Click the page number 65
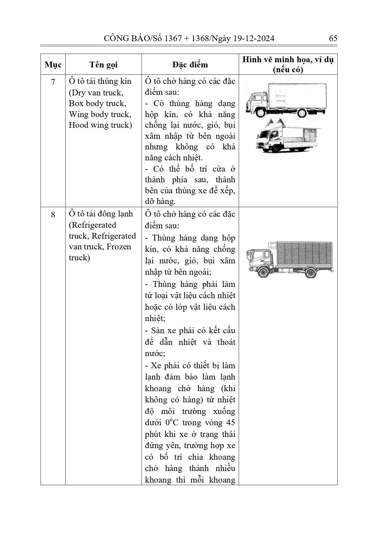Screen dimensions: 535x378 [333, 38]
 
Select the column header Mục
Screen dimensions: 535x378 [53, 65]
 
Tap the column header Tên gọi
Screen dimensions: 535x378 [103, 65]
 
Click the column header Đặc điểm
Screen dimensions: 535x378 [190, 65]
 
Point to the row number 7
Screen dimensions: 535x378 [53, 82]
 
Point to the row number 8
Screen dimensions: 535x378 [53, 215]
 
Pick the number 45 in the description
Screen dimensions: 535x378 [231, 423]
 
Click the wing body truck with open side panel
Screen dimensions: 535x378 [288, 136]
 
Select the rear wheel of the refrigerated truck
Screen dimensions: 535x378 [311, 272]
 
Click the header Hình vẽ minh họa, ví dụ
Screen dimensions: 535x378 [288, 60]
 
